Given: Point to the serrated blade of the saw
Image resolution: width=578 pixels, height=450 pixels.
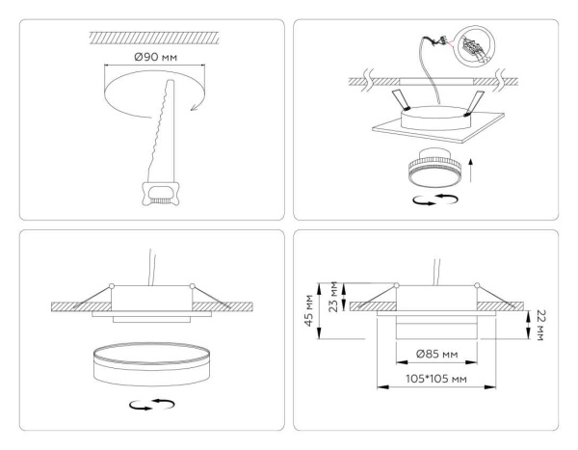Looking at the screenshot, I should pos(163,124).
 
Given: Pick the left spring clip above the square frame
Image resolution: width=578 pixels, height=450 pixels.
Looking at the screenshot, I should pos(398,101).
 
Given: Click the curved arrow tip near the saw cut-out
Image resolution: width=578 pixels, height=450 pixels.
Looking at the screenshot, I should pos(197,110).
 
